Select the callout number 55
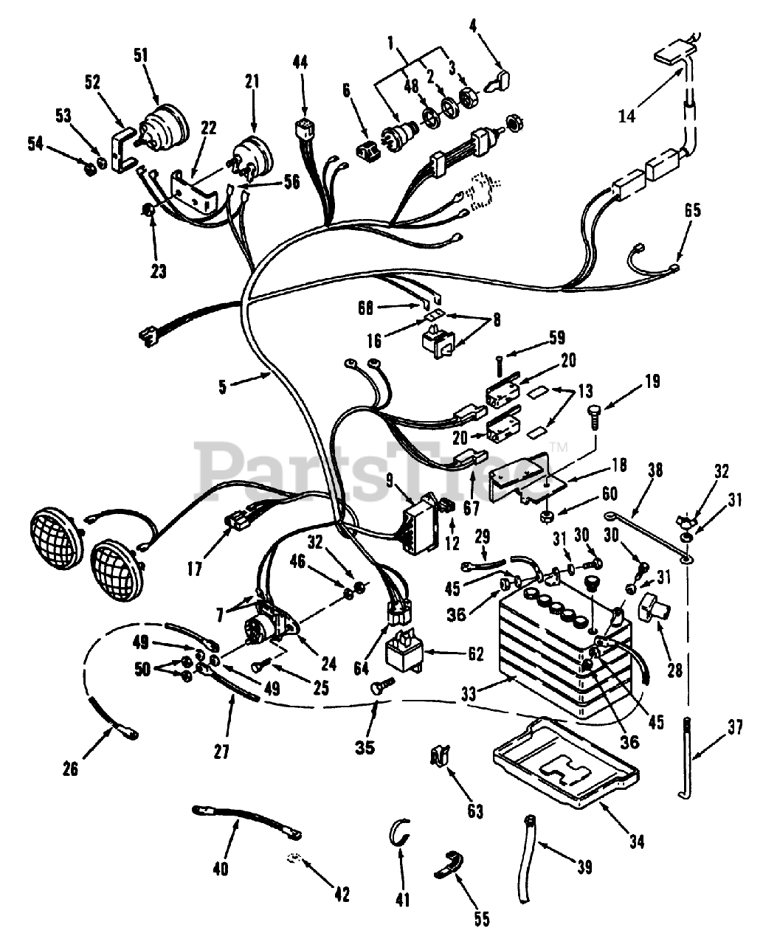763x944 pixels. click(483, 918)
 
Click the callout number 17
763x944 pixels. click(194, 569)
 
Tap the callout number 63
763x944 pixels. click(475, 811)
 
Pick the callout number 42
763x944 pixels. click(341, 895)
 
